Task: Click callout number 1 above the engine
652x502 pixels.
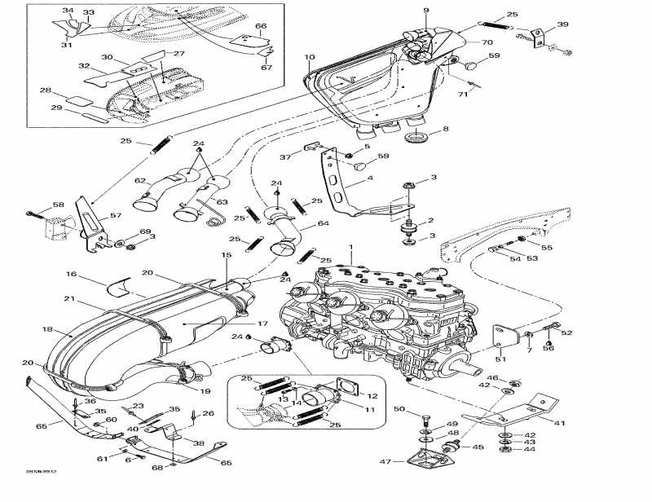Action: tap(351, 247)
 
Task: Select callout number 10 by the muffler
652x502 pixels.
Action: tap(309, 57)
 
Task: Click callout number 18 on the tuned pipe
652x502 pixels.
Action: tap(46, 330)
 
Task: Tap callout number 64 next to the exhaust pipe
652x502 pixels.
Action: tap(324, 223)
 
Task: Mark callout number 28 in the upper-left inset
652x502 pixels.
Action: tap(45, 90)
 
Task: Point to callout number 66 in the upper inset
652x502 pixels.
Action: tap(261, 26)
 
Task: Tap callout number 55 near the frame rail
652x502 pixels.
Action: tap(547, 246)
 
